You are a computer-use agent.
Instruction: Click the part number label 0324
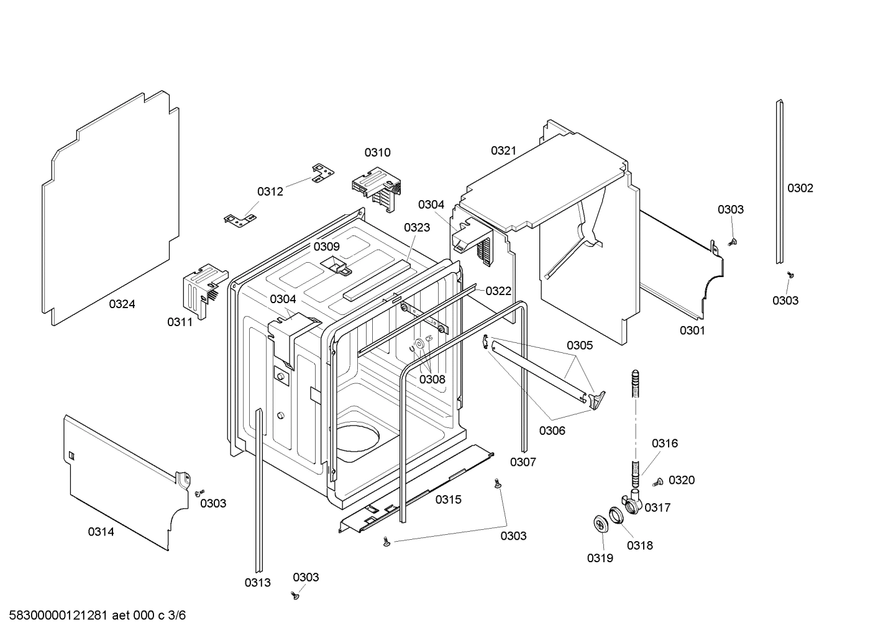coord(122,304)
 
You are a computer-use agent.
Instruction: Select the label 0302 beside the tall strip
coord(800,188)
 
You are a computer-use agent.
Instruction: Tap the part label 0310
coord(377,153)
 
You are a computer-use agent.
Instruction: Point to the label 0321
coord(503,150)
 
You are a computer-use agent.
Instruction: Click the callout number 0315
coord(448,499)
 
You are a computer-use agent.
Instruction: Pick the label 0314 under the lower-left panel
coord(101,532)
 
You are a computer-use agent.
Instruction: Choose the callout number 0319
coord(600,558)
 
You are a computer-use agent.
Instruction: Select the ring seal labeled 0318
coord(615,514)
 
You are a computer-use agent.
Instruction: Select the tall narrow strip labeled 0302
coord(779,180)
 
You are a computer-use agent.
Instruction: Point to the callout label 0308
coord(432,379)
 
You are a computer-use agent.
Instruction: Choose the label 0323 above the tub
coord(416,227)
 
